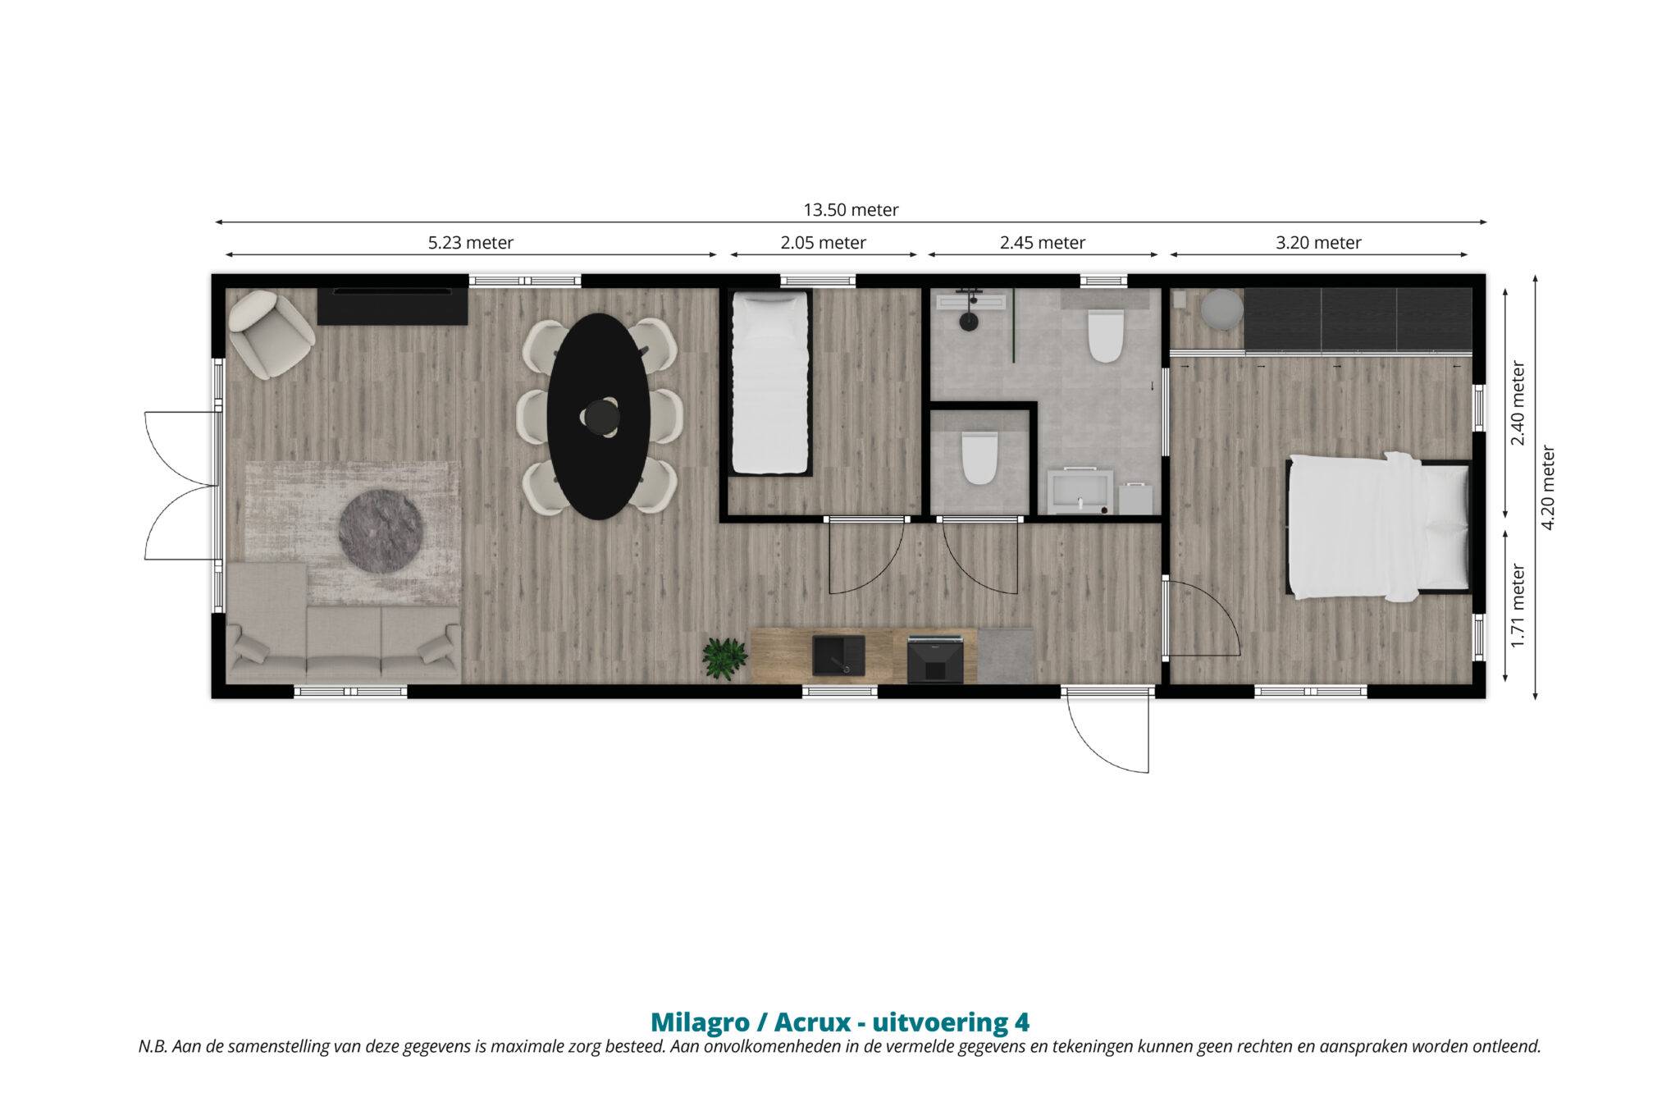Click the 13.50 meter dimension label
851,210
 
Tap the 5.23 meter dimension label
471,243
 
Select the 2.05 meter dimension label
823,243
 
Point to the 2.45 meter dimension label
1043,243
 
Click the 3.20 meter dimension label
1318,243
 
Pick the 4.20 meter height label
1549,487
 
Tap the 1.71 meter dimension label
1518,606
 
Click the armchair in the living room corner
271,334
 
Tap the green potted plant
725,658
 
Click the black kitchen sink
840,656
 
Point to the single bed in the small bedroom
769,382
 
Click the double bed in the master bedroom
1377,526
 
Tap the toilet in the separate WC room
979,458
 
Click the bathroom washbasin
1082,491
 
